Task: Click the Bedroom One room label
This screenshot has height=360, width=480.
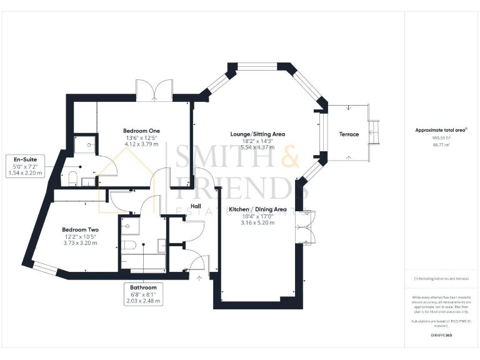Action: click(141, 130)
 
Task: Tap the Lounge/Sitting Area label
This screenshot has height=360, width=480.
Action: click(257, 134)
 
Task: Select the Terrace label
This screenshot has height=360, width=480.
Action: click(349, 134)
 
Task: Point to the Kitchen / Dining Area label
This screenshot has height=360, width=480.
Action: click(257, 209)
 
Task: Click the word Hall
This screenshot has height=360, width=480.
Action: click(196, 206)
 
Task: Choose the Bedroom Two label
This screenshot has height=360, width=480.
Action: click(80, 229)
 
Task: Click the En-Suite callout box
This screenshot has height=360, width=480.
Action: click(24, 166)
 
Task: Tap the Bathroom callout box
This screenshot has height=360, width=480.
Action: click(143, 294)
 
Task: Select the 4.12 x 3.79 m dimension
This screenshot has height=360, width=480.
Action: click(141, 144)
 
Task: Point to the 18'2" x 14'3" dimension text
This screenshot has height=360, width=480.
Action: click(257, 141)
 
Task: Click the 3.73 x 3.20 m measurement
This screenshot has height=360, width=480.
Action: click(80, 244)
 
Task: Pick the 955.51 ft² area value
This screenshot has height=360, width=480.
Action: click(441, 137)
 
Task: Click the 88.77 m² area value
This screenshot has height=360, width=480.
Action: click(441, 144)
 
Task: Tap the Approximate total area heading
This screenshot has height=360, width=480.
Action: click(441, 130)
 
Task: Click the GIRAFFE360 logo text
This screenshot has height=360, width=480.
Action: click(441, 336)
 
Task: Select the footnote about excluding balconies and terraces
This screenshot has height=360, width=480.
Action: click(441, 279)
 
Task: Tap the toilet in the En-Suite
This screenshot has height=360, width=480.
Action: click(72, 178)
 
